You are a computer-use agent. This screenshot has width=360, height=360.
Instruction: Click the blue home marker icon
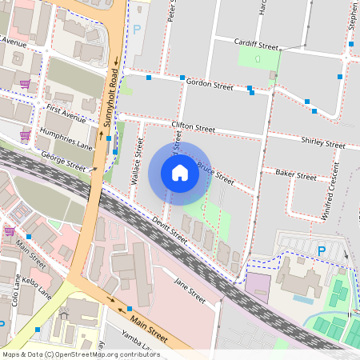click(180, 172)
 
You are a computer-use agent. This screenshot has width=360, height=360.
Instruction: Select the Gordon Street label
click(209, 84)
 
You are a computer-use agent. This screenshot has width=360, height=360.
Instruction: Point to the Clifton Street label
click(194, 126)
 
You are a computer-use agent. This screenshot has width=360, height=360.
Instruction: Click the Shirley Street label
click(323, 142)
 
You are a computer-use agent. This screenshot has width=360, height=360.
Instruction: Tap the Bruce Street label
click(216, 174)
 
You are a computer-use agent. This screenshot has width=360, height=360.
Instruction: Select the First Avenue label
click(66, 111)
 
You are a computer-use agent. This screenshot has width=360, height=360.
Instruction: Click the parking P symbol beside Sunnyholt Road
click(137, 30)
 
